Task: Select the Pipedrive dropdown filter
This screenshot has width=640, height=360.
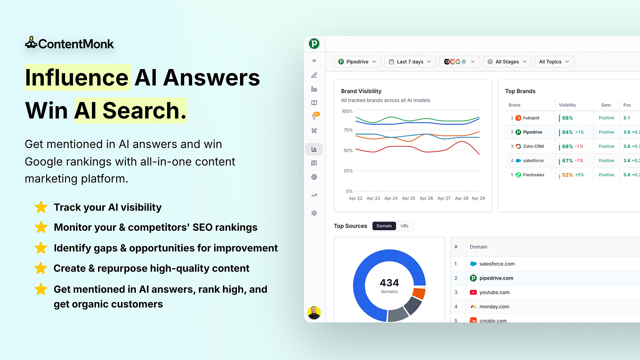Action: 357,62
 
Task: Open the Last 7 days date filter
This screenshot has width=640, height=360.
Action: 410,62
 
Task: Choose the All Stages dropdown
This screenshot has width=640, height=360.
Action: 507,62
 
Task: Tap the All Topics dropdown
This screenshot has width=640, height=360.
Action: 554,62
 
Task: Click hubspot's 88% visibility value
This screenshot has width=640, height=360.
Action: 567,118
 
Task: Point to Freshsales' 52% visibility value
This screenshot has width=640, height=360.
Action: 567,175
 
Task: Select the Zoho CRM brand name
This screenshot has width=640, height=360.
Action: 534,146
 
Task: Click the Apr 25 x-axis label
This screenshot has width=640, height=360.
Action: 409,198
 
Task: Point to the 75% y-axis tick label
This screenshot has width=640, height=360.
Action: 348,130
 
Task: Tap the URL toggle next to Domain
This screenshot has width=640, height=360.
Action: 404,226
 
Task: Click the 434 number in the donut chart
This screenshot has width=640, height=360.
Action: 389,283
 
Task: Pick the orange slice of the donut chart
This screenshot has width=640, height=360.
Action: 419,293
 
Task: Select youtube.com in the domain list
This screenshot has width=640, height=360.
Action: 494,292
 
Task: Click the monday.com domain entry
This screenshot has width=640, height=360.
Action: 494,306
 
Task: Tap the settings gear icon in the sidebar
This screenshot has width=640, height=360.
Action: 314,213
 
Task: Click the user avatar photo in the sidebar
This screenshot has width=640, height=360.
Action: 314,313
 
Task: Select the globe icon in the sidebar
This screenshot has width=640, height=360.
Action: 314,177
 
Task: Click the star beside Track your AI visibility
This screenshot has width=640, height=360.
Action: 41,207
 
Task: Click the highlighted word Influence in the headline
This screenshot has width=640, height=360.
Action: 77,77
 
